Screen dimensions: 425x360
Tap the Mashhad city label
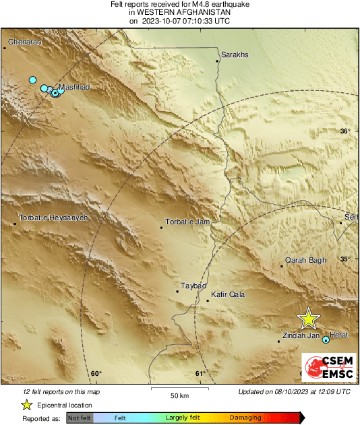click(x=74, y=87)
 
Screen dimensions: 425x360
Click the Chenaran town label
click(x=24, y=41)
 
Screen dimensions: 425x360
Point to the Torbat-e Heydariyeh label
click(x=53, y=218)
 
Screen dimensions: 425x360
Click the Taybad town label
click(x=193, y=286)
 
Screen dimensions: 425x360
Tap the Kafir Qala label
click(x=228, y=294)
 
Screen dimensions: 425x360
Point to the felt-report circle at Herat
click(x=326, y=340)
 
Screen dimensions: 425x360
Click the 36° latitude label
click(x=345, y=131)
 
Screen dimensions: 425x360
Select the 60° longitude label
click(x=96, y=374)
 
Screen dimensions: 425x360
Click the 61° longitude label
click(x=200, y=374)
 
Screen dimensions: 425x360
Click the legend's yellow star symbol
click(x=27, y=405)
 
